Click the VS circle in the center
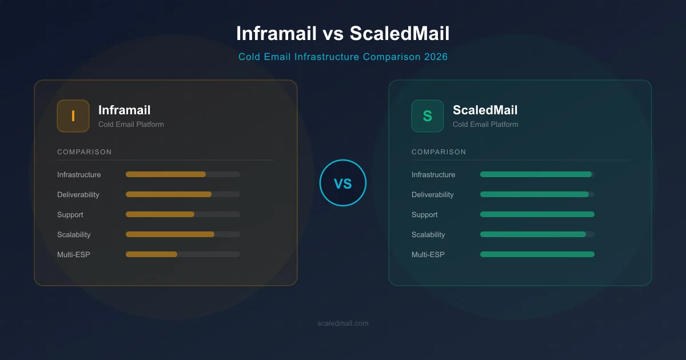pyautogui.click(x=342, y=183)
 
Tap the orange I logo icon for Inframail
pyautogui.click(x=73, y=116)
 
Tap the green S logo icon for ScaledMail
pyautogui.click(x=428, y=116)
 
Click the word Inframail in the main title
pyautogui.click(x=277, y=34)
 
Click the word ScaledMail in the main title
pyautogui.click(x=400, y=34)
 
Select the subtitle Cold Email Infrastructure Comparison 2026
pyautogui.click(x=343, y=57)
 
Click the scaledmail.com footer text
pyautogui.click(x=343, y=323)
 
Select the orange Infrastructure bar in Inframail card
pyautogui.click(x=166, y=174)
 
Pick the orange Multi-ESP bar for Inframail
pyautogui.click(x=151, y=254)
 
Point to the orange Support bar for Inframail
pyautogui.click(x=160, y=214)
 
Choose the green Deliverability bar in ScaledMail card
pyautogui.click(x=535, y=194)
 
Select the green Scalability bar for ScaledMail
pyautogui.click(x=533, y=234)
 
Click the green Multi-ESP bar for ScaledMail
pyautogui.click(x=537, y=254)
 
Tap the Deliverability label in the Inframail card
pyautogui.click(x=78, y=195)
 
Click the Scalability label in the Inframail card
pyautogui.click(x=74, y=235)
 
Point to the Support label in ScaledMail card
pyautogui.click(x=425, y=215)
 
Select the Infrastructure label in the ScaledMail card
pyautogui.click(x=433, y=175)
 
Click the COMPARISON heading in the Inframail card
pyautogui.click(x=85, y=152)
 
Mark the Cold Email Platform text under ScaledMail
pyautogui.click(x=485, y=125)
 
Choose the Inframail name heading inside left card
pyautogui.click(x=125, y=110)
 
